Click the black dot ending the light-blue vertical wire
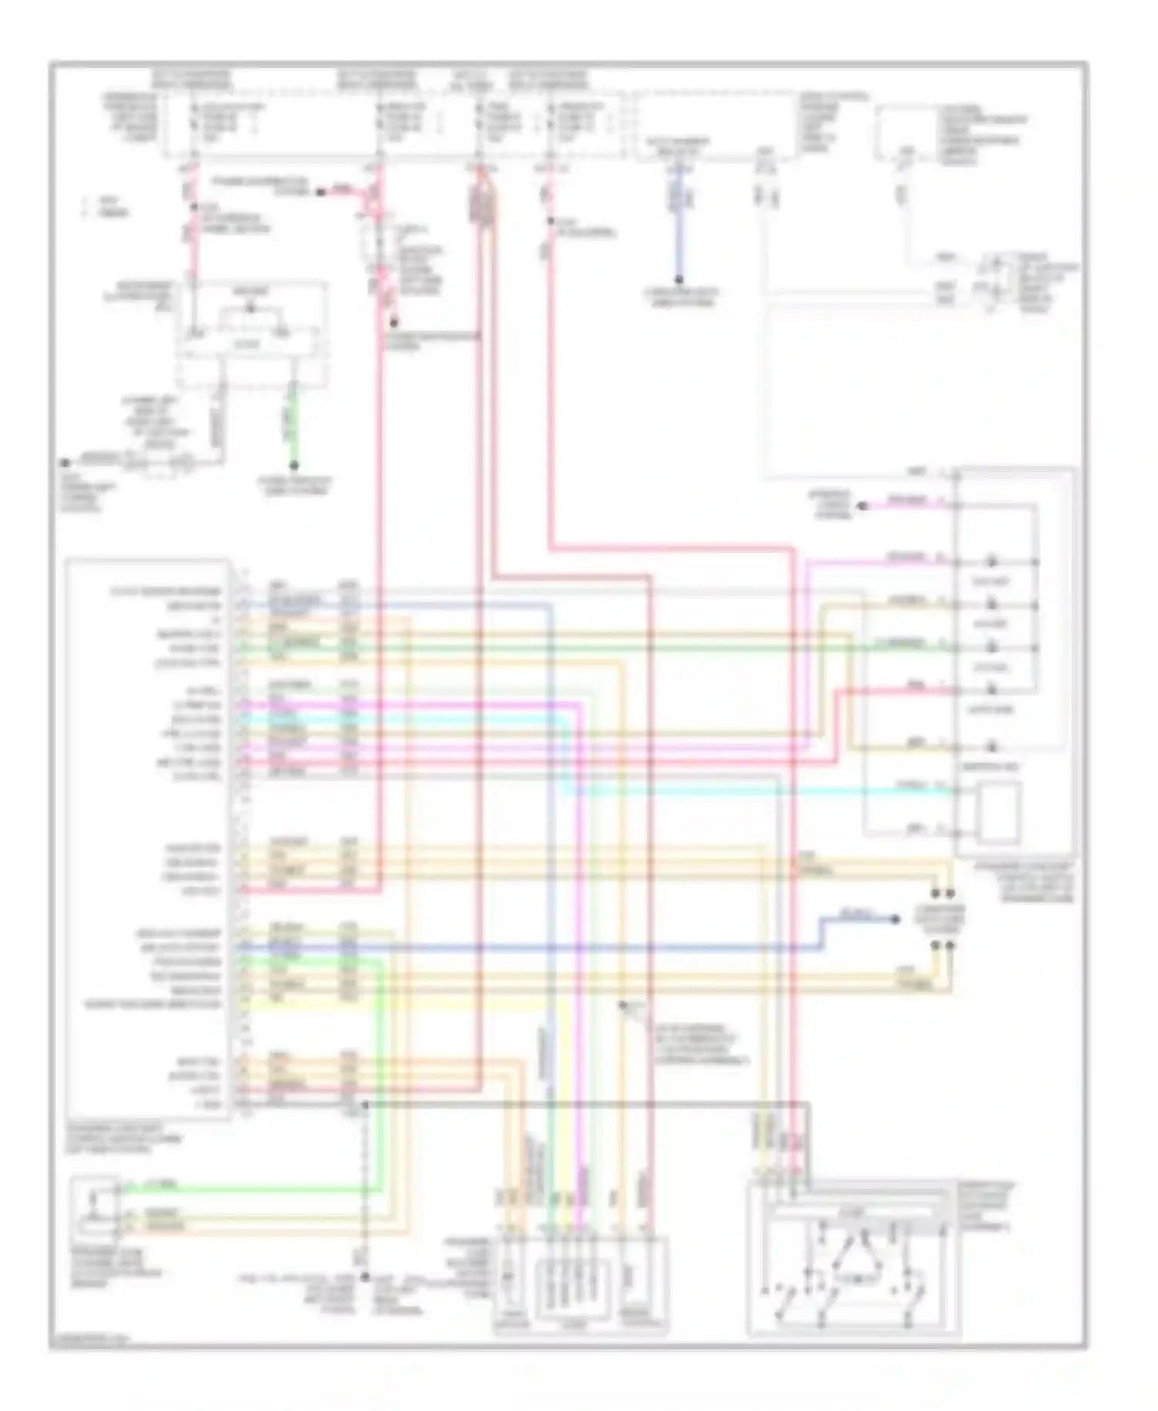coord(679,279)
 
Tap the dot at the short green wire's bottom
coord(294,465)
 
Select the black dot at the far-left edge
coord(66,463)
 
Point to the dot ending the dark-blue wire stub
coord(896,919)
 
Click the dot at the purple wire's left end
coord(864,506)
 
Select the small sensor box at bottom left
coord(93,1205)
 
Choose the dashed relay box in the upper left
coord(252,334)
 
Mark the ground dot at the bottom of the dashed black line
coord(365,1277)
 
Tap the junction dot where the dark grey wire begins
coord(365,1105)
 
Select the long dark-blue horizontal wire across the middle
coord(540,948)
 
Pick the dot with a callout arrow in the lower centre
coord(622,1005)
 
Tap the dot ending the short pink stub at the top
coord(320,191)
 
